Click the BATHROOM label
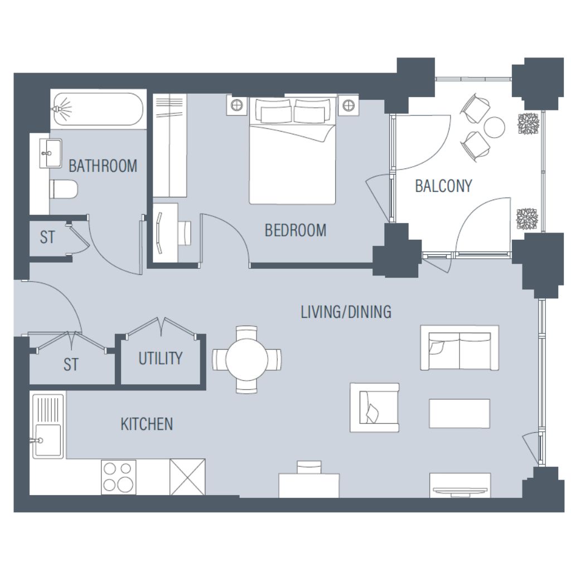[103, 166]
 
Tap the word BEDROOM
[296, 230]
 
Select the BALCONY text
[443, 186]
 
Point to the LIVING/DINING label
[346, 312]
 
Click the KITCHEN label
[147, 424]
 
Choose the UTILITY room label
[160, 359]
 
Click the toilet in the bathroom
[64, 189]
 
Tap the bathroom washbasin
[50, 153]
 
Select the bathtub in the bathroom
[98, 109]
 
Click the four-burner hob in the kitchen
[118, 477]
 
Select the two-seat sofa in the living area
[459, 348]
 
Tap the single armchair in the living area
[374, 408]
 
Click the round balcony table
[495, 127]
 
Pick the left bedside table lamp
[236, 105]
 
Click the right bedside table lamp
[349, 105]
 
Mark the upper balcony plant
[529, 124]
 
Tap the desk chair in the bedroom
[185, 233]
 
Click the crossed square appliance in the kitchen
[187, 477]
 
